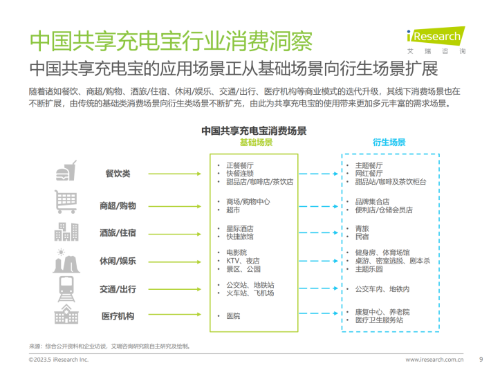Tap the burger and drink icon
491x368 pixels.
click(66, 171)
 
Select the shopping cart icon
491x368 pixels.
click(66, 202)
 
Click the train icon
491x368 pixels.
click(66, 288)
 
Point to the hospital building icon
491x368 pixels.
click(66, 314)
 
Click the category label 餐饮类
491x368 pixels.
click(118, 174)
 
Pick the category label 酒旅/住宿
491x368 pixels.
click(118, 232)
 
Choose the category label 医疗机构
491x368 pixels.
click(118, 316)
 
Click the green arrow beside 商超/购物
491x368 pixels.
click(175, 206)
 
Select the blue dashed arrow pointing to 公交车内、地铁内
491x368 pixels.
click(319, 288)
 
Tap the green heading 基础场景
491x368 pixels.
click(256, 142)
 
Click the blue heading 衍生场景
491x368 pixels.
click(389, 142)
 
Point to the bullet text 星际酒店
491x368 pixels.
click(240, 229)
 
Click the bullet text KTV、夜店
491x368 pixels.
click(243, 261)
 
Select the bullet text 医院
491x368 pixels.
click(233, 316)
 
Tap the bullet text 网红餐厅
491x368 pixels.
click(369, 174)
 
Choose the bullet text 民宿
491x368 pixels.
click(362, 237)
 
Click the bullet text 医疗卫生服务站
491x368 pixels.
click(379, 320)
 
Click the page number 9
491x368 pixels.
click(481, 359)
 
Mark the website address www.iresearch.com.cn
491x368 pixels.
click(434, 360)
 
